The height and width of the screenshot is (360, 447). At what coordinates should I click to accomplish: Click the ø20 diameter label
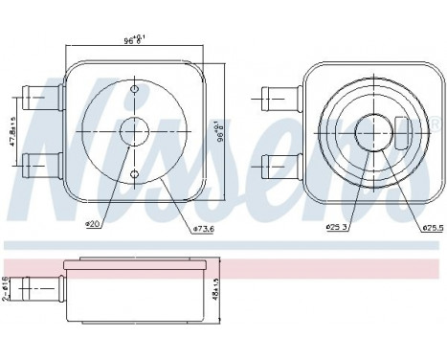93,225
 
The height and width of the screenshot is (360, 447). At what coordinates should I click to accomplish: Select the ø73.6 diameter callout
204,229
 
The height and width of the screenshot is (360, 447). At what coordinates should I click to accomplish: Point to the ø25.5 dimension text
433,228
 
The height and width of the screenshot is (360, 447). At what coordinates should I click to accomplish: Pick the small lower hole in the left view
135,173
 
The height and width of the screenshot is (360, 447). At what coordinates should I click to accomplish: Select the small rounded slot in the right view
402,132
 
